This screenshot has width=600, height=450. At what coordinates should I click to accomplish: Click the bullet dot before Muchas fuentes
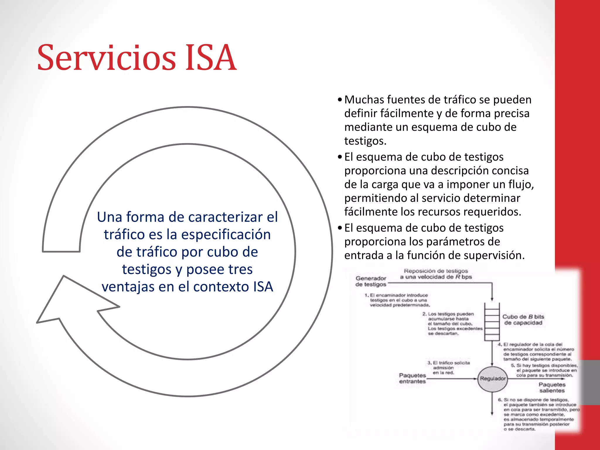click(340, 100)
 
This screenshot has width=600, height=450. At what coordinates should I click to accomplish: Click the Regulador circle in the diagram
click(492, 379)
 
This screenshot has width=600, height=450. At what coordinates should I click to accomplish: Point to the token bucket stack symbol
click(492, 322)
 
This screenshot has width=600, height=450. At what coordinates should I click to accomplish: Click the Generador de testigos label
click(371, 281)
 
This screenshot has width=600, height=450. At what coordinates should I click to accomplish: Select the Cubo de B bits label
click(523, 320)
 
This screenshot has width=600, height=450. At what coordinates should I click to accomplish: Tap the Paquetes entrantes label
click(412, 378)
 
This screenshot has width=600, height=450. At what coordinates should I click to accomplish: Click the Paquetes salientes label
click(552, 387)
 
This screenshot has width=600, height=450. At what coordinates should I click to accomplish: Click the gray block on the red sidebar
click(590, 382)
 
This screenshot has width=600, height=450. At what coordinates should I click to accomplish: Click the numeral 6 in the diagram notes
click(500, 400)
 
